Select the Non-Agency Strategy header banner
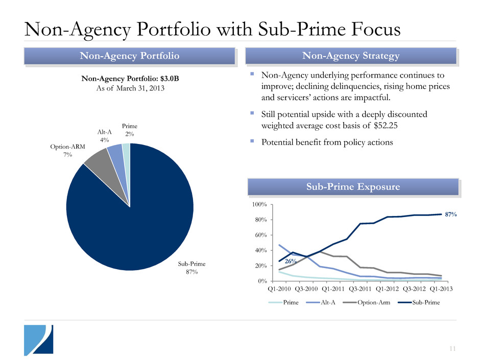point(351,56)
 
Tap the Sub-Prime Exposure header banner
point(351,187)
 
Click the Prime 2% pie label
point(130,130)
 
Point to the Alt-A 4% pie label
point(104,136)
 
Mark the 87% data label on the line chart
point(450,215)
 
